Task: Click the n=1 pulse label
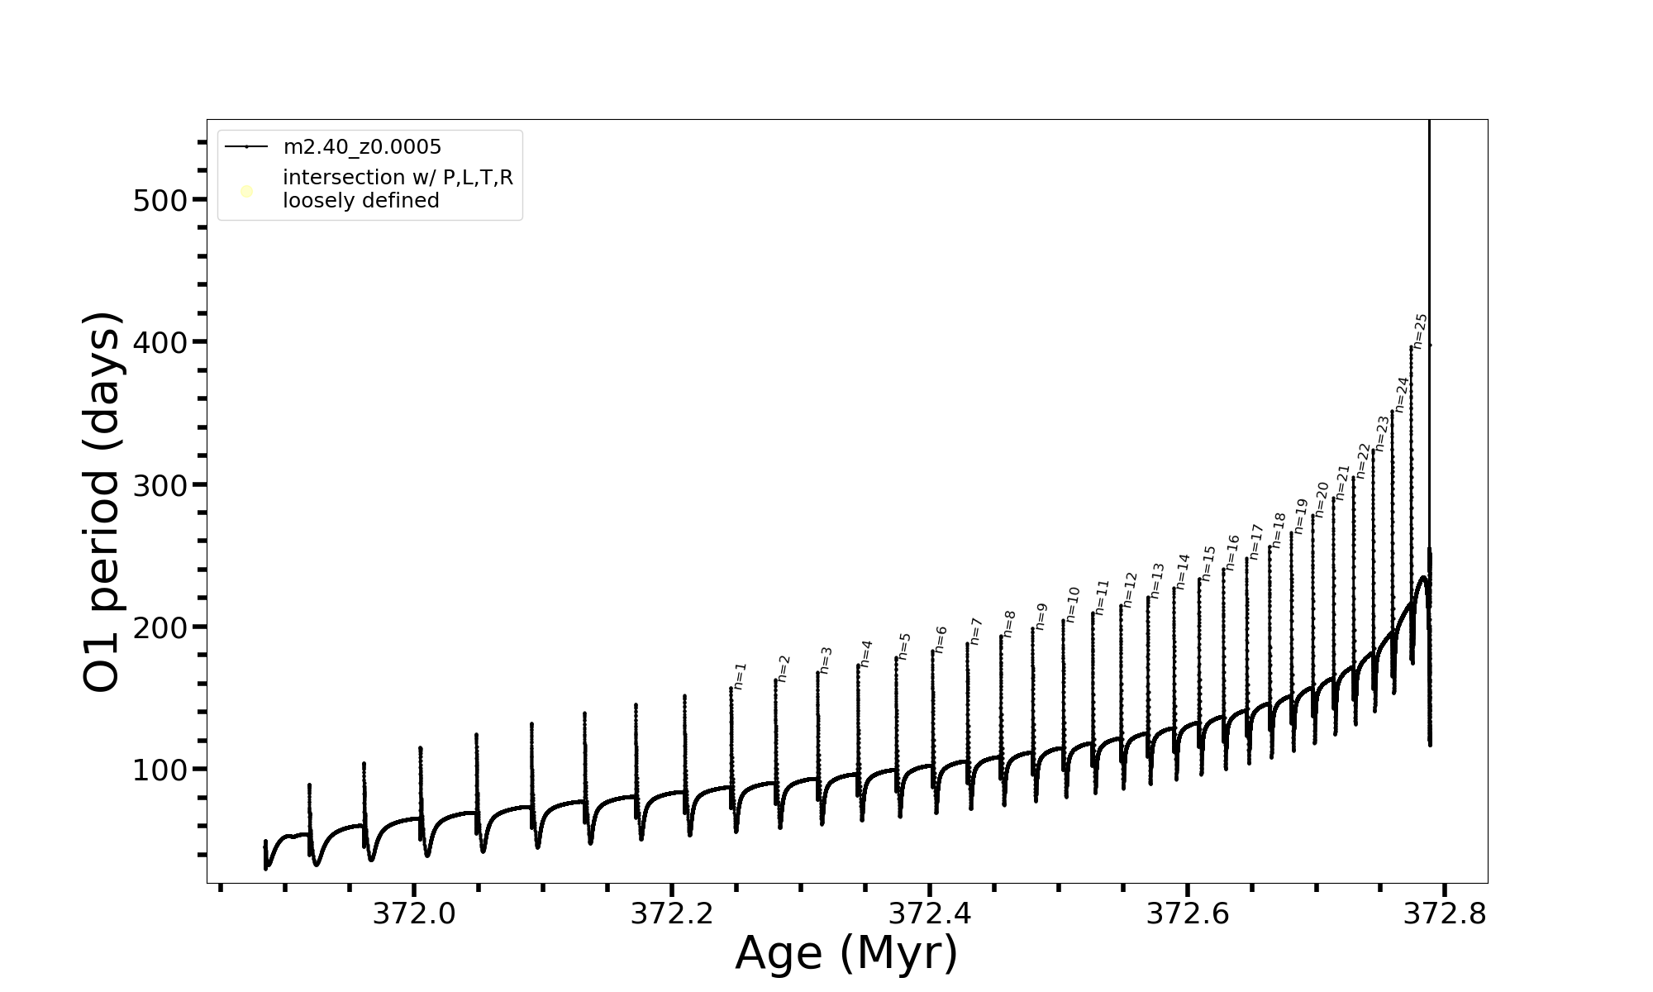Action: [741, 675]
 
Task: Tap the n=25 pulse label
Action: [1421, 331]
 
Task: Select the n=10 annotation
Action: [1073, 604]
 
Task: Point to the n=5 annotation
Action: [904, 646]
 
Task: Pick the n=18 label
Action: [1279, 530]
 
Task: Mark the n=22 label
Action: [1363, 460]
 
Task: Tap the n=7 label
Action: [976, 631]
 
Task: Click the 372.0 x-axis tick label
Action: [414, 913]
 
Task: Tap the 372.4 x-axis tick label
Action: [930, 913]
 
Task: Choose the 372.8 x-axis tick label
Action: [1445, 913]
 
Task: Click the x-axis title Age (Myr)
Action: [846, 953]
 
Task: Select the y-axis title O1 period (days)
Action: [103, 502]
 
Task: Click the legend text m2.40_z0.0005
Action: [362, 147]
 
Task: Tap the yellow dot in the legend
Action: [246, 192]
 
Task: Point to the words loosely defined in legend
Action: [361, 201]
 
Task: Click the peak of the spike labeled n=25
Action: [1411, 347]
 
